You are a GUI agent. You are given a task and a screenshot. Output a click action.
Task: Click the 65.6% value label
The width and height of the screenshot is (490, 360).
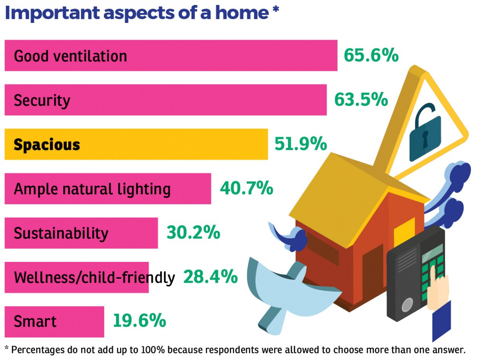(371, 55)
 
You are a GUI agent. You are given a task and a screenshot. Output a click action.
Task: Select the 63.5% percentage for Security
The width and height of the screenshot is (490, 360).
(361, 100)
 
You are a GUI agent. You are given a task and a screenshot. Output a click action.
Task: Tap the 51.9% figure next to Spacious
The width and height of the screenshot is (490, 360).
(301, 144)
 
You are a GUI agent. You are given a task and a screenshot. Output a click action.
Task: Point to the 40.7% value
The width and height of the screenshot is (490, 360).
(247, 188)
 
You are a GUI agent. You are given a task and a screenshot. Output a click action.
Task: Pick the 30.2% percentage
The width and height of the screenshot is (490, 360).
(194, 233)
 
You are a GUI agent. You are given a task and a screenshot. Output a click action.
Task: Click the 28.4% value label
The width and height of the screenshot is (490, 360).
(210, 277)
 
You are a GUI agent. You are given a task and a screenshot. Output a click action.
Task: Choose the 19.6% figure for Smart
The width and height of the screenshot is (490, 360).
(140, 321)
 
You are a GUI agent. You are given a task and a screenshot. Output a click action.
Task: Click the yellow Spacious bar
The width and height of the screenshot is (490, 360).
(136, 144)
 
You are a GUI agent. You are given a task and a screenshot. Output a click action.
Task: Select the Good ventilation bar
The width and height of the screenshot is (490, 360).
(171, 55)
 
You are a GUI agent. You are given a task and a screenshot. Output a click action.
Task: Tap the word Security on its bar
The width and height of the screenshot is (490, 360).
(42, 101)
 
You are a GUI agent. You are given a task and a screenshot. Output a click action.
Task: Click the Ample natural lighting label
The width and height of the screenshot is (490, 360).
(92, 189)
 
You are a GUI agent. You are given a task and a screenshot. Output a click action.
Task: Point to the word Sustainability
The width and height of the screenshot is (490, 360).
(61, 233)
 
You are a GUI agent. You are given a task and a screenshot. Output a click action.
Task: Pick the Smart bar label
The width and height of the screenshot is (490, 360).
(35, 322)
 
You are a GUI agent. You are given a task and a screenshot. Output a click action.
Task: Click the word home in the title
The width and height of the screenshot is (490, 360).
(242, 13)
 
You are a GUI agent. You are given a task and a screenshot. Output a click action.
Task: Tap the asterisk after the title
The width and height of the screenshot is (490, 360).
(276, 9)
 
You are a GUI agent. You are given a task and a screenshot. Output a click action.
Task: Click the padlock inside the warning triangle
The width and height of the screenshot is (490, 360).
(424, 134)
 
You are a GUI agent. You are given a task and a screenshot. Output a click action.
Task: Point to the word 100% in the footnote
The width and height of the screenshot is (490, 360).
(153, 350)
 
